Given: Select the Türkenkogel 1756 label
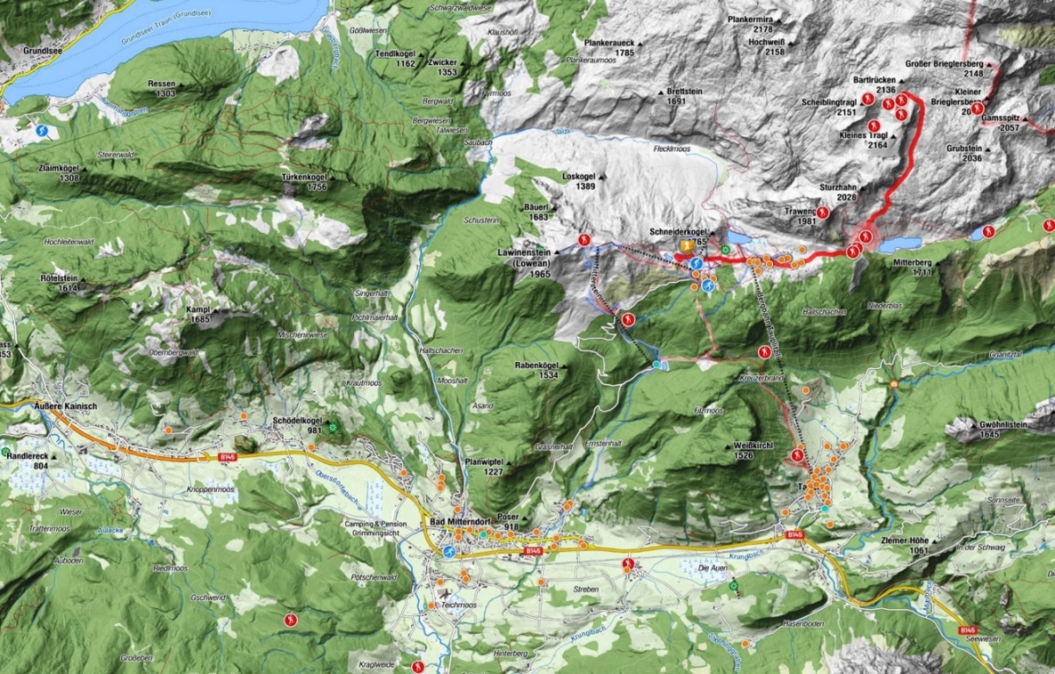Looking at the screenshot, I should [305, 181].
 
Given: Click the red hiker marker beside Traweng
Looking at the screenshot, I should [822, 213].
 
